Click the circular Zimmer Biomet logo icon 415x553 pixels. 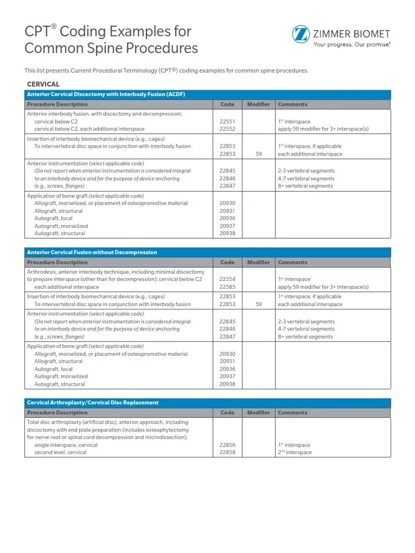tap(301, 35)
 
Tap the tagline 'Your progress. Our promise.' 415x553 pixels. tap(352, 45)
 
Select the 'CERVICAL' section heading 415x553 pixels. tap(43, 84)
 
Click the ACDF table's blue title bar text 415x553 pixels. tap(106, 94)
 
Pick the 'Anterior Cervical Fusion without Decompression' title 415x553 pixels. tap(92, 252)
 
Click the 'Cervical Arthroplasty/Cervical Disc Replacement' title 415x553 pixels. tap(93, 402)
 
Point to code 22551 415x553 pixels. tap(227, 122)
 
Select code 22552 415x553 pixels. tap(227, 130)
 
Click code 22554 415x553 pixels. tap(227, 280)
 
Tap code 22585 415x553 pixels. tap(227, 287)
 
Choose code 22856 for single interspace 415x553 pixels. tap(227, 445)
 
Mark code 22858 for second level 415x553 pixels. tap(227, 453)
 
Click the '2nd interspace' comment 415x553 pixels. tap(294, 453)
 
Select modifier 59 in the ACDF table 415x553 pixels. tap(258, 154)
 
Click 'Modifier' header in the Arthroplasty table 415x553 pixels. tap(258, 413)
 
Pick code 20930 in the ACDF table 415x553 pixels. tap(227, 204)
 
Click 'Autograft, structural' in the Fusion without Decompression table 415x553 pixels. tap(59, 385)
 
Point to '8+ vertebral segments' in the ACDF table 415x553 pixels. tap(305, 186)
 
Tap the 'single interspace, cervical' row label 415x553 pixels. tap(66, 445)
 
